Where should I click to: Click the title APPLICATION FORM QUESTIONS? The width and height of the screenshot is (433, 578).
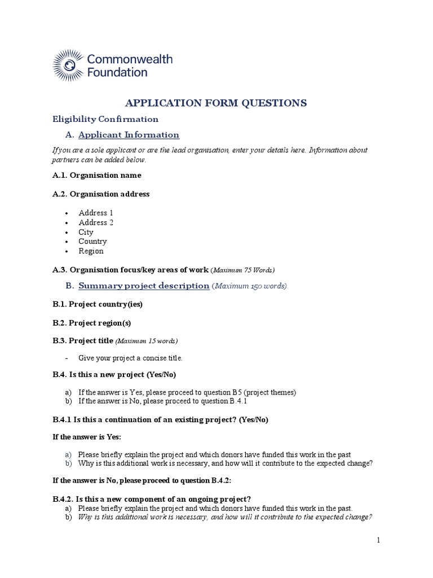coord(215,102)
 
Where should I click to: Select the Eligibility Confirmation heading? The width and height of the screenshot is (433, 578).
coord(105,119)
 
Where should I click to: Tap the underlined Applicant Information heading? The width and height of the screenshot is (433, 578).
coord(129,135)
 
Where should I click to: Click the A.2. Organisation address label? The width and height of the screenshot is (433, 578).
coord(101,194)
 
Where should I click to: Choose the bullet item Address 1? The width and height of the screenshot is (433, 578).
coord(96,213)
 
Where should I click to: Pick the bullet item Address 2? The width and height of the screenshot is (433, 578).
coord(96,222)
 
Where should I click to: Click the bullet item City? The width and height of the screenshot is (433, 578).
coord(86,232)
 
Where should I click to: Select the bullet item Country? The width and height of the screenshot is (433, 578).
coord(92,242)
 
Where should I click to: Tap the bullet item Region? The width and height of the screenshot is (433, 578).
coord(91,251)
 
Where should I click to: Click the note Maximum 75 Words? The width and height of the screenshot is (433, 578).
coord(243,270)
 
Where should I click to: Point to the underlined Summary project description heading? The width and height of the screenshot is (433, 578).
coord(144,286)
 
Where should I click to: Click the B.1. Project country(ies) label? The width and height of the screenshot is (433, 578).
coord(98,304)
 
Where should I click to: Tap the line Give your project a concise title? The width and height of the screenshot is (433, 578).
coord(130,358)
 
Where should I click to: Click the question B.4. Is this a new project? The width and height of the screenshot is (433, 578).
coord(118,374)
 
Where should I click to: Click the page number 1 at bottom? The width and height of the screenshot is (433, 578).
coord(379,540)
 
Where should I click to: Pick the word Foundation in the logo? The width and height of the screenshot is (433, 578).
coord(117,72)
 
